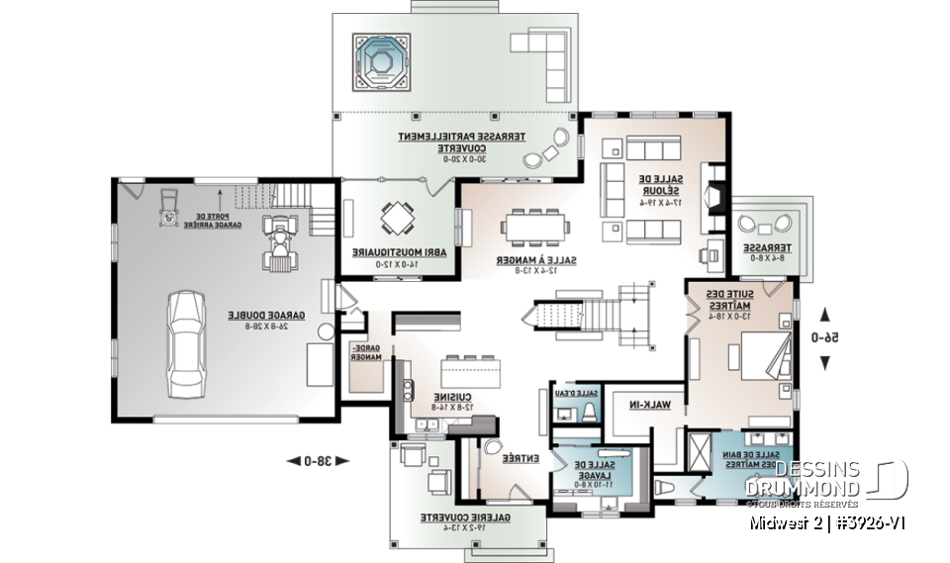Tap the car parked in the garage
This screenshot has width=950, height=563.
(185, 341)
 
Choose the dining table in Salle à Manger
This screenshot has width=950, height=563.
(535, 227)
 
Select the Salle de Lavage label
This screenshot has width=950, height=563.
(593, 469)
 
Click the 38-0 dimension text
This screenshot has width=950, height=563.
(308, 459)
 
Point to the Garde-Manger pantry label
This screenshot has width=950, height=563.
(366, 354)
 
